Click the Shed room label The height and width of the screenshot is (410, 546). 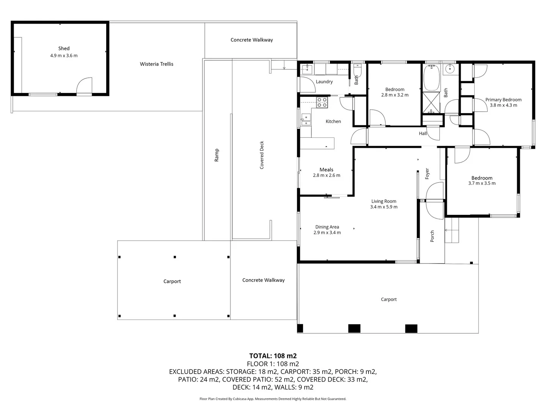pyautogui.click(x=64, y=48)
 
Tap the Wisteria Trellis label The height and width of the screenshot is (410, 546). pyautogui.click(x=156, y=64)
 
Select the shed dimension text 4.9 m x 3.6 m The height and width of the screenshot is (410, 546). pyautogui.click(x=64, y=55)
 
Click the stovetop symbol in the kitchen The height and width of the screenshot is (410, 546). pyautogui.click(x=322, y=102)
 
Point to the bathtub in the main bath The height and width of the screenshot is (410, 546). pyautogui.click(x=431, y=77)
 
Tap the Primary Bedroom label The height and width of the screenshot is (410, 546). pyautogui.click(x=503, y=99)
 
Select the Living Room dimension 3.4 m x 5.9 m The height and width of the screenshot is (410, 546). pyautogui.click(x=384, y=207)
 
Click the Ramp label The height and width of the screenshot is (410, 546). pyautogui.click(x=217, y=155)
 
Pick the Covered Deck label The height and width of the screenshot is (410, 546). pyautogui.click(x=262, y=155)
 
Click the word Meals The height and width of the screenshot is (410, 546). pyautogui.click(x=326, y=170)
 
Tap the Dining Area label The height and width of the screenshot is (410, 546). pyautogui.click(x=327, y=227)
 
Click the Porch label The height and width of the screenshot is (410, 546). pyautogui.click(x=432, y=236)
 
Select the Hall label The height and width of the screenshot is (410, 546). pyautogui.click(x=423, y=133)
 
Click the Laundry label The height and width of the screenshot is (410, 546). pyautogui.click(x=324, y=82)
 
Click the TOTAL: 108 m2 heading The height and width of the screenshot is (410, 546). pyautogui.click(x=273, y=356)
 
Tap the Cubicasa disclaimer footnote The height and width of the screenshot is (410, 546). pyautogui.click(x=273, y=399)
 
